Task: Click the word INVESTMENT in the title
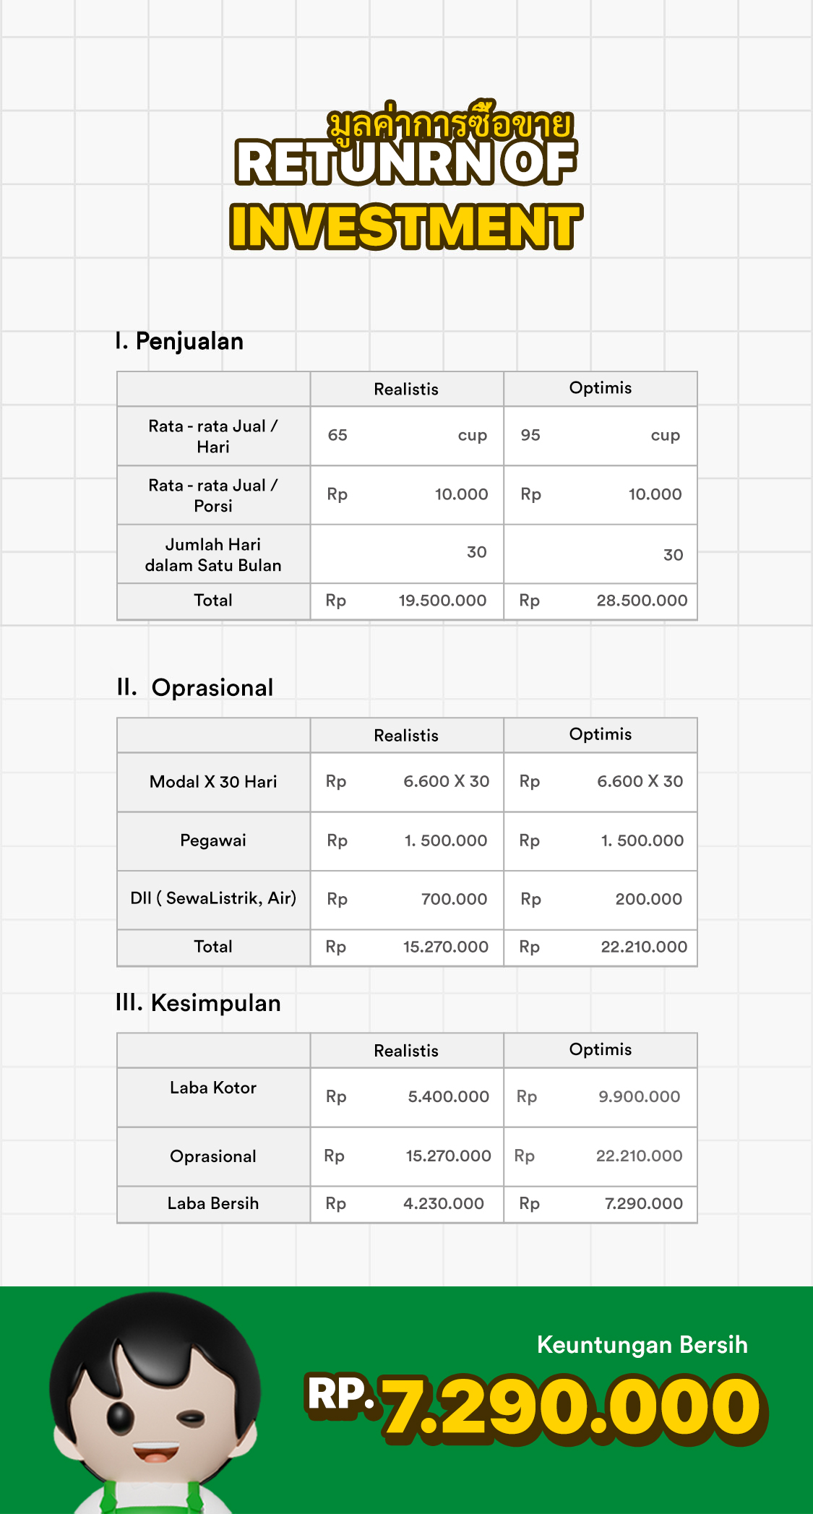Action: click(x=405, y=226)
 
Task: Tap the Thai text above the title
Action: click(x=449, y=124)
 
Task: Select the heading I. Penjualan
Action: click(x=179, y=341)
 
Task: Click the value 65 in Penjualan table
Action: click(x=337, y=435)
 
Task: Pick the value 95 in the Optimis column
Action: click(x=530, y=435)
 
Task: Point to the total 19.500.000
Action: click(x=442, y=601)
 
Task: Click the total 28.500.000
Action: click(x=642, y=601)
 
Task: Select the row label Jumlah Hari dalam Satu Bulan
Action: click(x=213, y=554)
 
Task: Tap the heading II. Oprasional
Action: click(x=195, y=687)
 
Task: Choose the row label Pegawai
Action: click(x=213, y=840)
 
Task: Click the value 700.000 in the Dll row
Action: click(x=454, y=899)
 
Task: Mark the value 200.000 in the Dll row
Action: click(x=648, y=899)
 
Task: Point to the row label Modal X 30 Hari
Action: click(x=213, y=782)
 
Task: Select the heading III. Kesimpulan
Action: click(x=198, y=1003)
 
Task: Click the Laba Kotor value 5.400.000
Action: click(x=448, y=1096)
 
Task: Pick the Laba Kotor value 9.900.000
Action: click(x=639, y=1096)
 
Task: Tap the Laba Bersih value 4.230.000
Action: click(x=444, y=1203)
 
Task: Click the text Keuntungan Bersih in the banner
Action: click(x=642, y=1345)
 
